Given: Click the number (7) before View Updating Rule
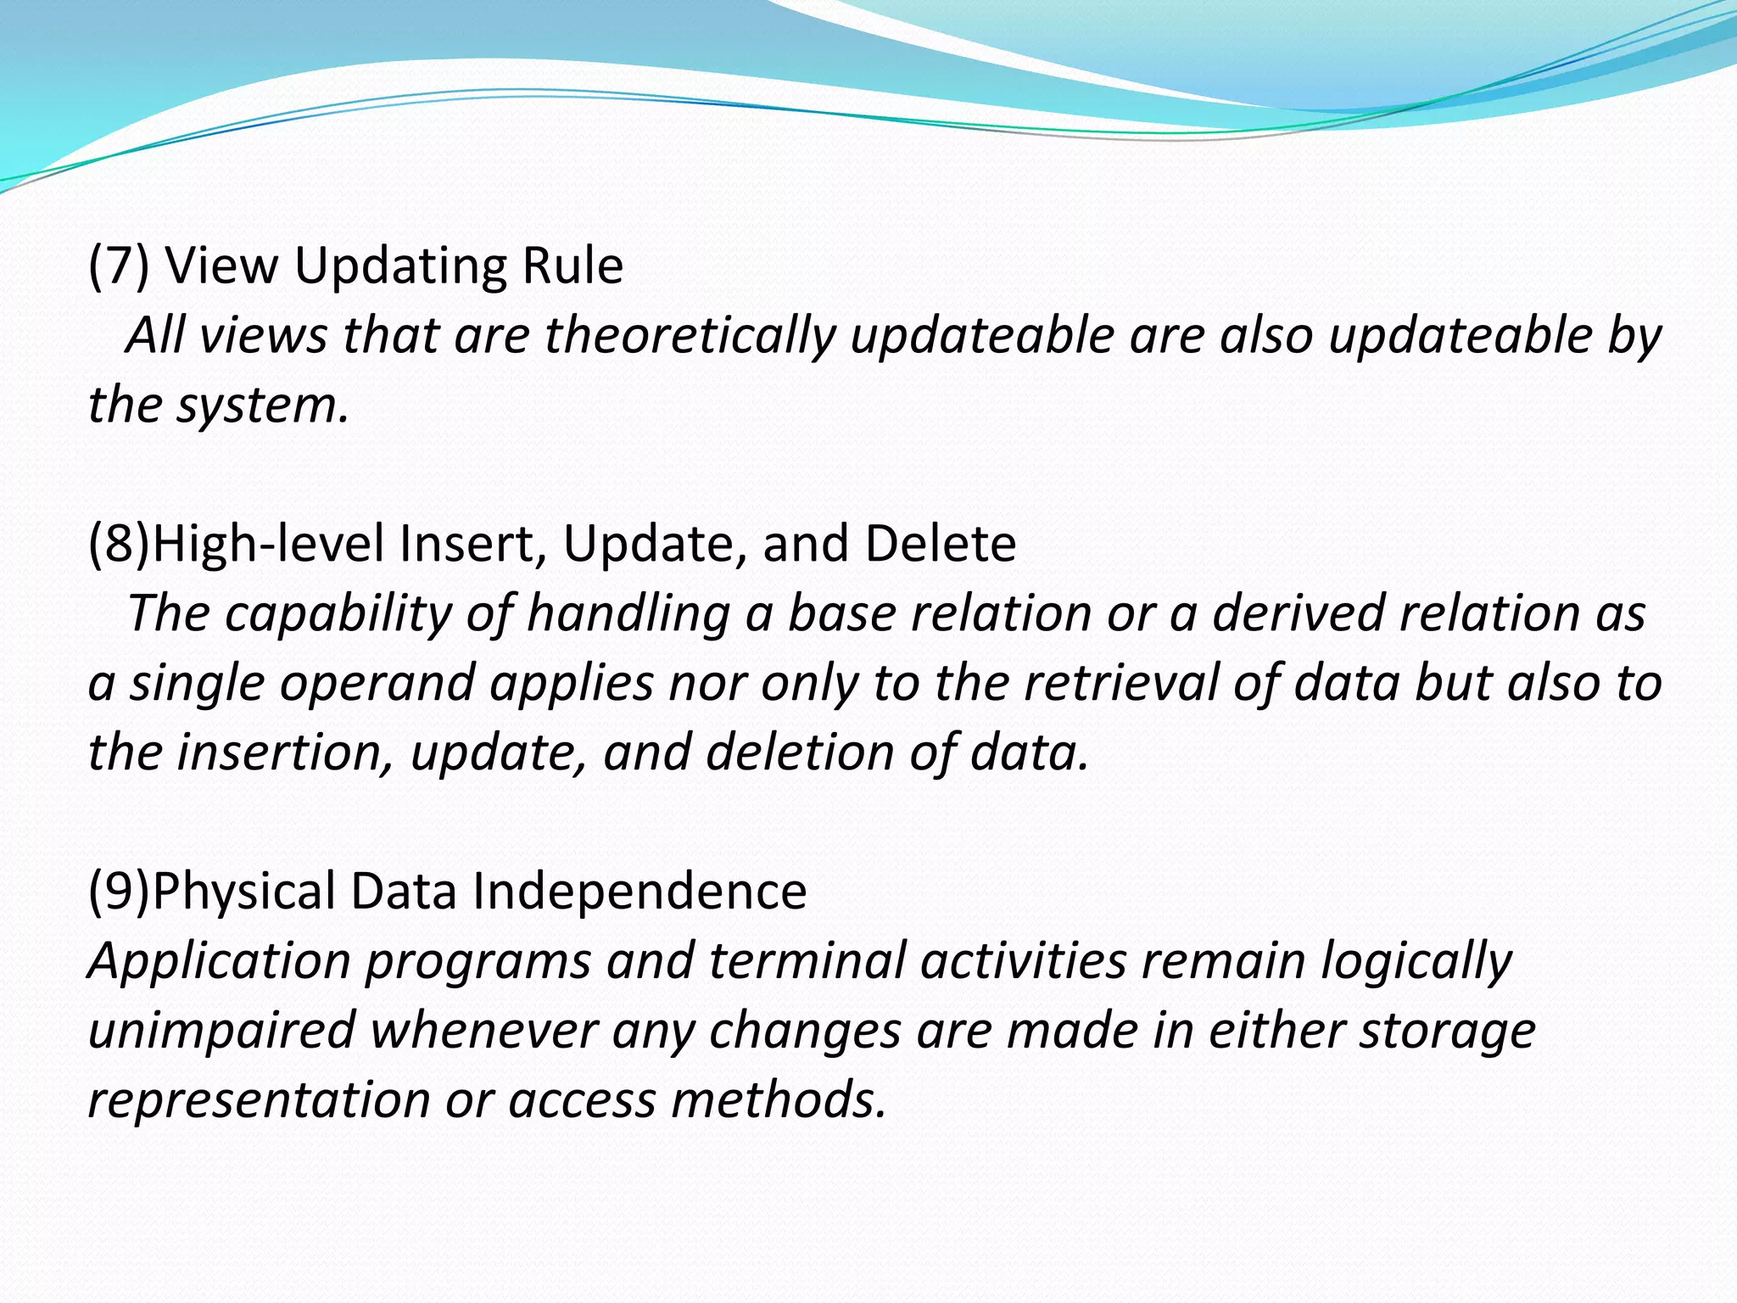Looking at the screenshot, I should coord(119,266).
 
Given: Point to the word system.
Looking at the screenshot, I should coord(262,405).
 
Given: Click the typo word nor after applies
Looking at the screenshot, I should coord(707,683).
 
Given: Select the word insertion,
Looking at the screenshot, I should coord(285,752).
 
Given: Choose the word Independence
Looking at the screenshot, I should coord(640,892).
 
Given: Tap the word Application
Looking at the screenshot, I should coord(220,961).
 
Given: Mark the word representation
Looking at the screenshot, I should coord(259,1100).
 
